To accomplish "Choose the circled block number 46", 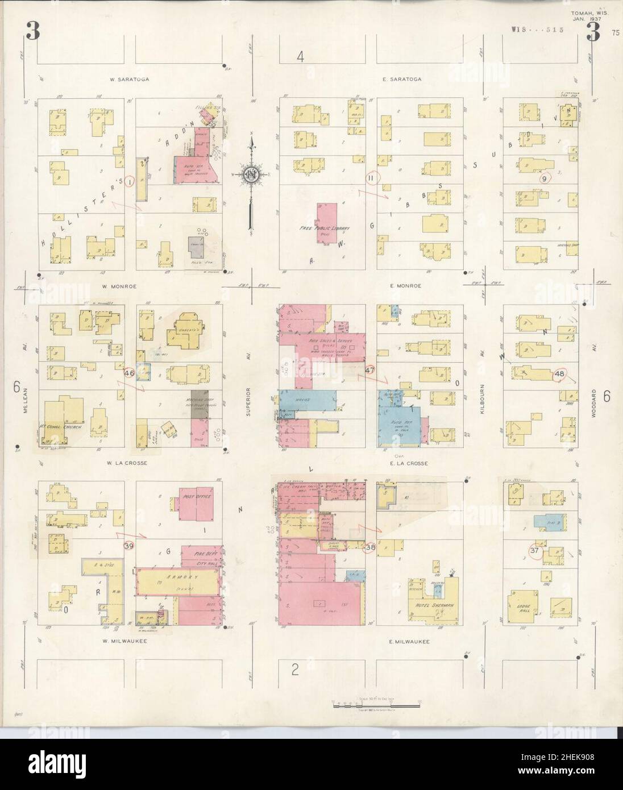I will coord(129,373).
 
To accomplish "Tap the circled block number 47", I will coord(371,371).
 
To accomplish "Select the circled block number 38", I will coord(370,547).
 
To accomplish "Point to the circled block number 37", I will coord(534,550).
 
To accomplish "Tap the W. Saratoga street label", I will coord(131,80).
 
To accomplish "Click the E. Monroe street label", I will coord(406,286).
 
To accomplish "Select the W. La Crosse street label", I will coord(128,463).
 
